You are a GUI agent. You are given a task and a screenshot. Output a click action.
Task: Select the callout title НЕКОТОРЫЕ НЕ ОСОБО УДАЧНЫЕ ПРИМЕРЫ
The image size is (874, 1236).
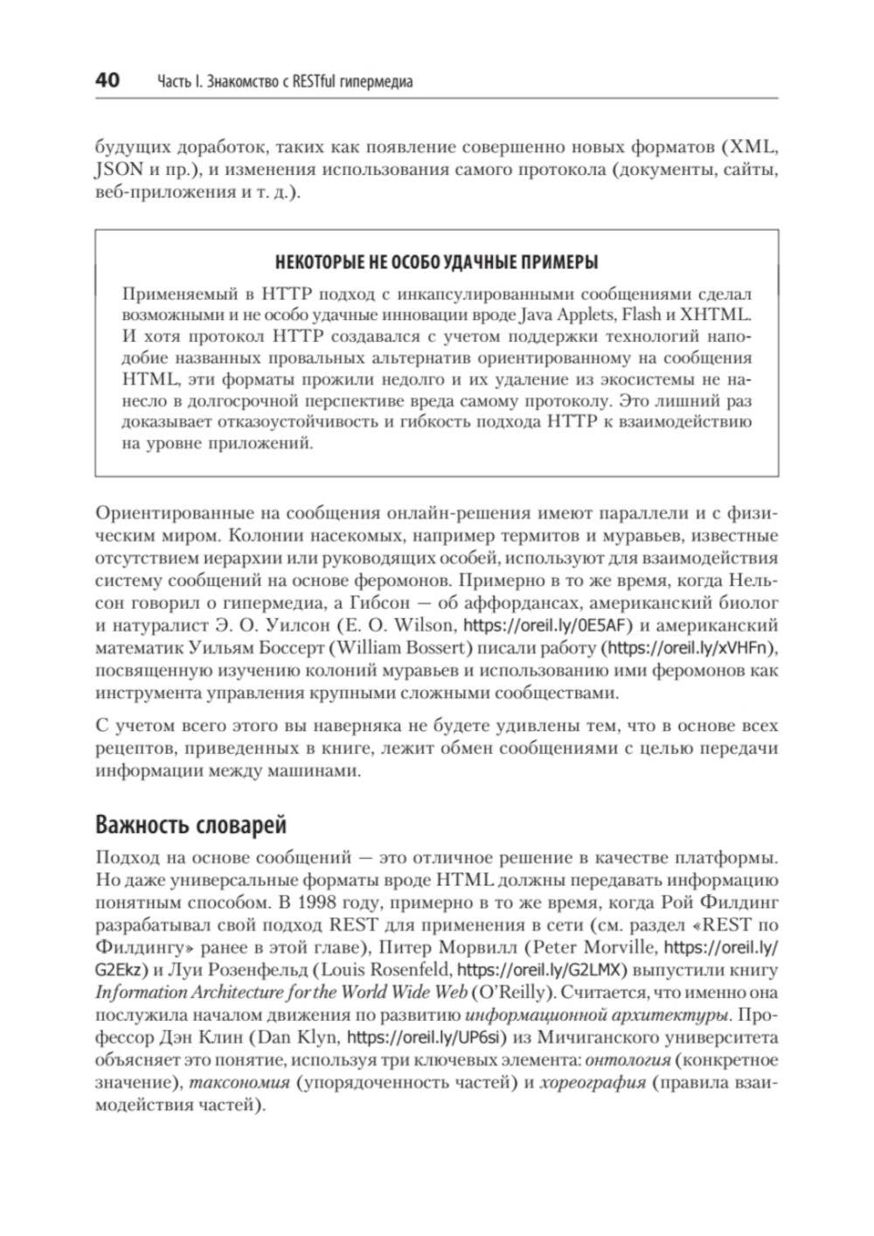(436, 262)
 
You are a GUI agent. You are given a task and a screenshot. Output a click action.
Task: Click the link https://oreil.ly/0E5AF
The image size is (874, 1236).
(546, 625)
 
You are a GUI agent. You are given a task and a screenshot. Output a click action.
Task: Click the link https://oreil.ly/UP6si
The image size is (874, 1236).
(413, 1038)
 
